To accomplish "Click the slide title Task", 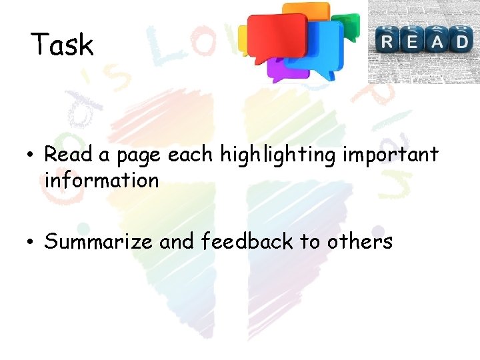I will click(x=62, y=45).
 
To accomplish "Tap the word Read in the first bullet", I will click(x=69, y=155).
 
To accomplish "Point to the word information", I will click(x=101, y=180).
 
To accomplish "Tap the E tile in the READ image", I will click(x=411, y=41).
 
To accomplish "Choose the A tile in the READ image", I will click(x=436, y=41).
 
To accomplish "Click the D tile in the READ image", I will click(x=460, y=41).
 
